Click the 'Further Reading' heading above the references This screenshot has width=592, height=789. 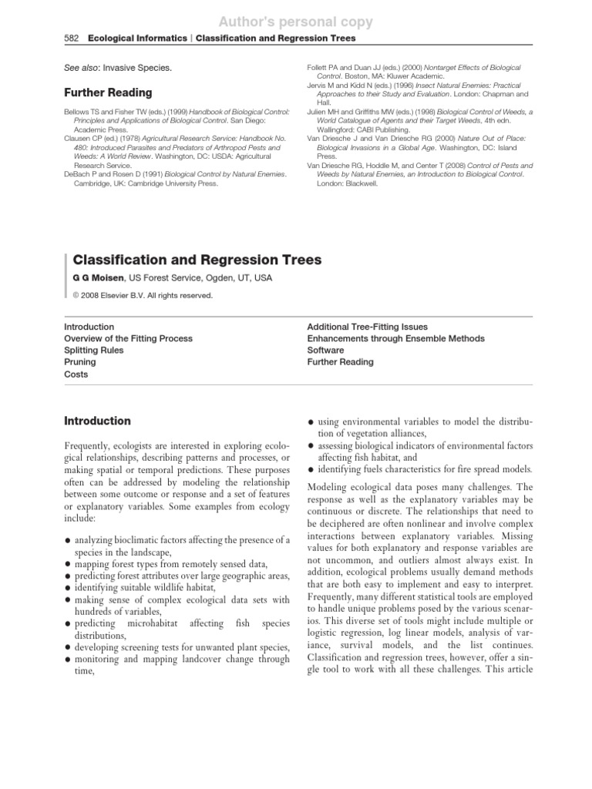[x=107, y=92]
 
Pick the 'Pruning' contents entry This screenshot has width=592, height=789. [x=80, y=362]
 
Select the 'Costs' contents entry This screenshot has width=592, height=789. [x=76, y=374]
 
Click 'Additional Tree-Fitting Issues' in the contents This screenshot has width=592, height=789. [x=367, y=327]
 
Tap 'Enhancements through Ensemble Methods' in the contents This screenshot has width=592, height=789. [x=395, y=338]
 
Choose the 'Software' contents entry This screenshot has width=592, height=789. [x=325, y=350]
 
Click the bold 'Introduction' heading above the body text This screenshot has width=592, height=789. [x=97, y=421]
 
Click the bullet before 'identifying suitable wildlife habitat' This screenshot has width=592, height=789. [x=69, y=588]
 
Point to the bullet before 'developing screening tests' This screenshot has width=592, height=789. [x=69, y=648]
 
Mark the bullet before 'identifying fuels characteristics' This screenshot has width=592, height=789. [x=311, y=469]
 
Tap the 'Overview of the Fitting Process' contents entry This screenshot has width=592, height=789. [x=128, y=338]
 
